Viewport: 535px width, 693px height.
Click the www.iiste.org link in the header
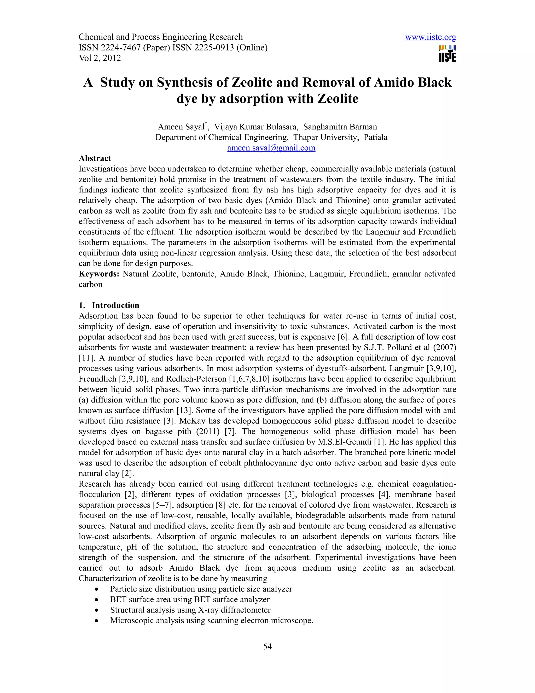431,37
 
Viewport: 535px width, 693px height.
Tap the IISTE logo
447,54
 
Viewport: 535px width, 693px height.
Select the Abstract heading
95,158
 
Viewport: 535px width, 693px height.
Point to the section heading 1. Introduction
109,305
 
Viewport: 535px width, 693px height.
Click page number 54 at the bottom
267,647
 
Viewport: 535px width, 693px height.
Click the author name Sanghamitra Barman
340,127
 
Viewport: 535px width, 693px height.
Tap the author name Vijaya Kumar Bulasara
255,127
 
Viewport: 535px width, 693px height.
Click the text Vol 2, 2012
100,58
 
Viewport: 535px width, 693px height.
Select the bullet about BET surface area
190,599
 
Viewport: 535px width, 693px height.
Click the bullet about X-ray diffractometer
190,610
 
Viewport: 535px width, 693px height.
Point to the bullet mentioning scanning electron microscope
211,620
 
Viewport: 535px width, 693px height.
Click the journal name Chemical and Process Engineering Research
161,37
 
